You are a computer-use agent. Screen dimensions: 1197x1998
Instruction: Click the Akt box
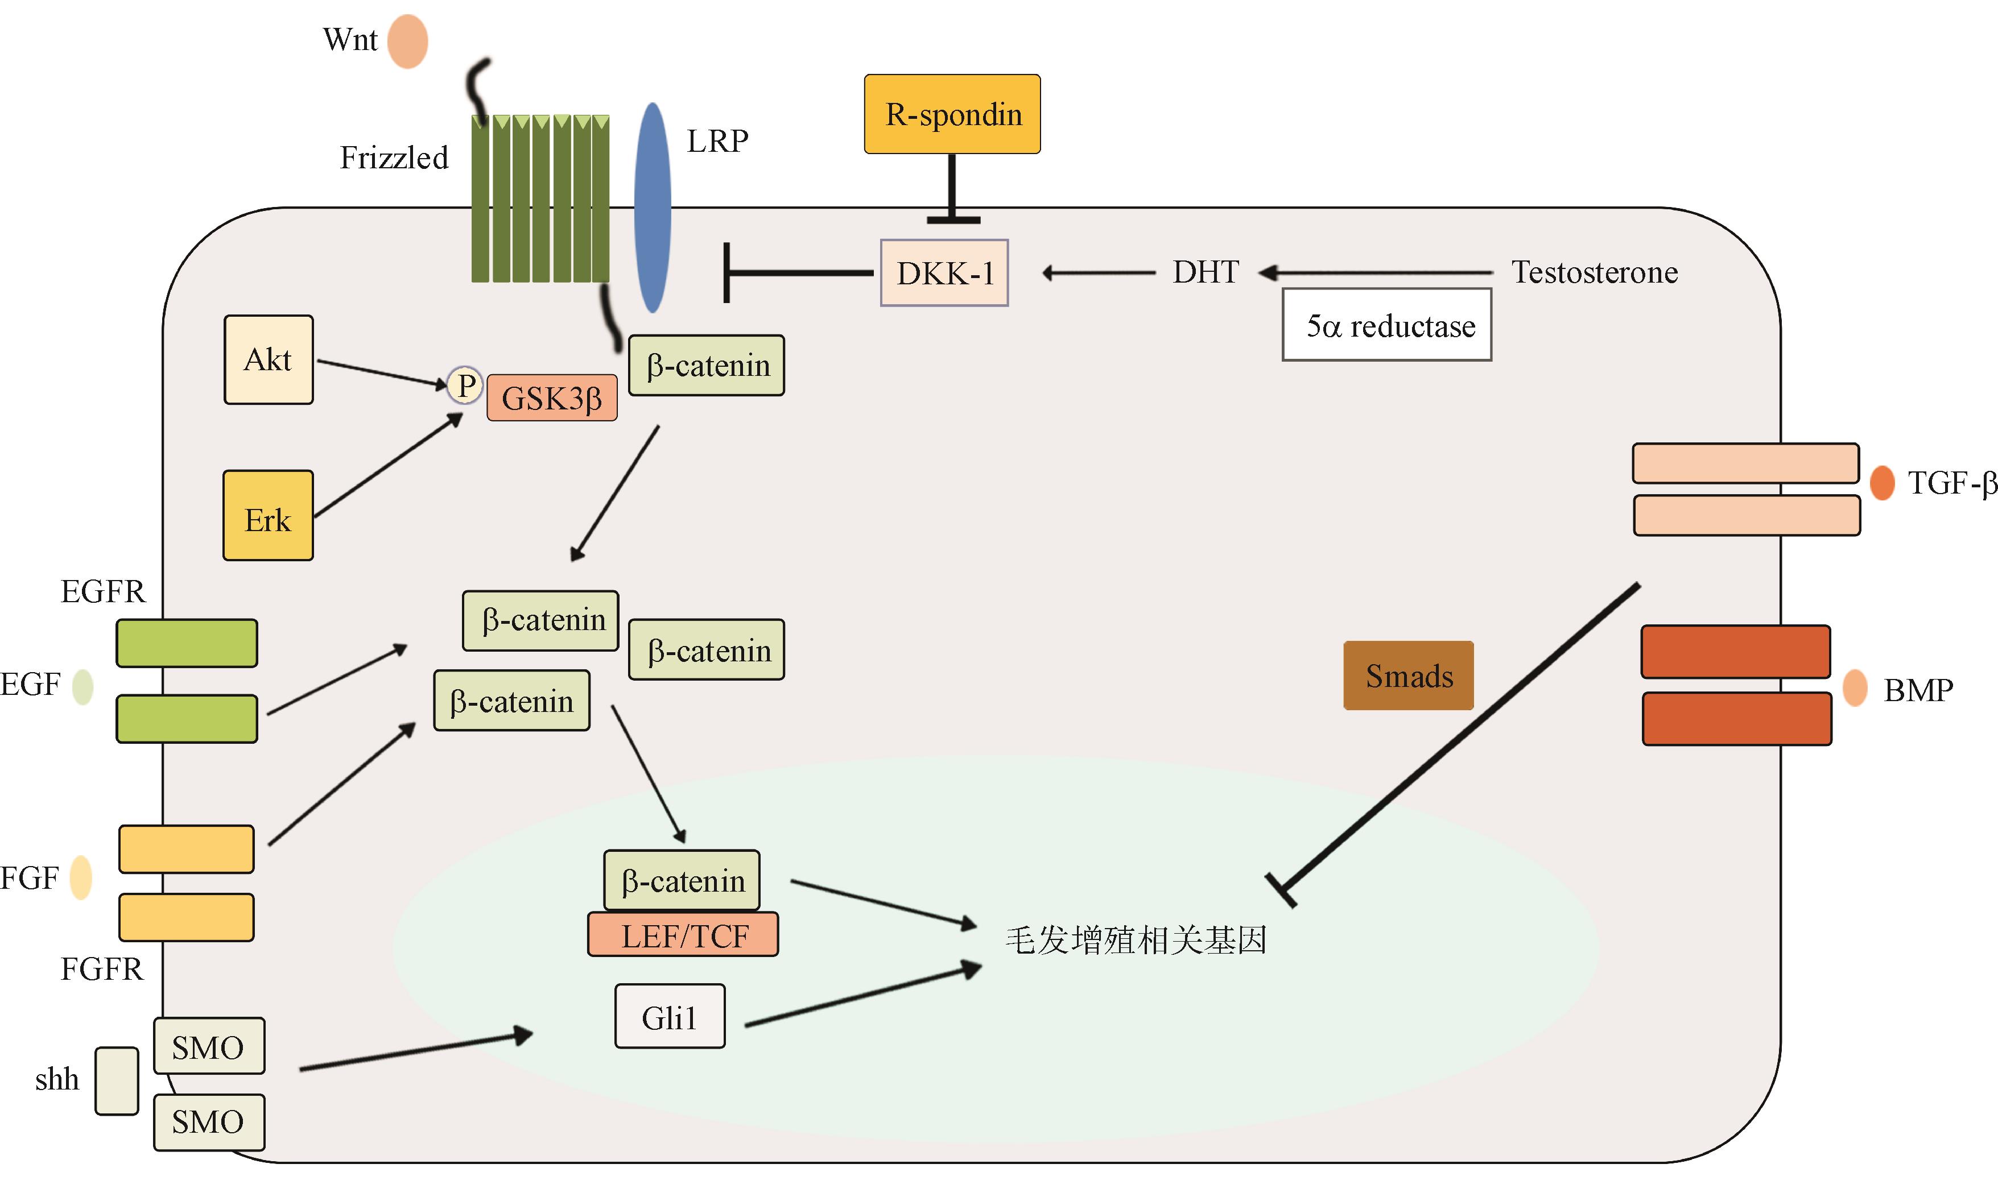point(268,360)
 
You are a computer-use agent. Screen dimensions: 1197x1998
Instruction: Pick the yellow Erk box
point(268,515)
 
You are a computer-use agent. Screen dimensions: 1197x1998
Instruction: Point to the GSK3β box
point(552,397)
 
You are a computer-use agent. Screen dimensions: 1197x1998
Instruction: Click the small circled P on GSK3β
point(465,385)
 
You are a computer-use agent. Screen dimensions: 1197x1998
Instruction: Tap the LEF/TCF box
point(683,935)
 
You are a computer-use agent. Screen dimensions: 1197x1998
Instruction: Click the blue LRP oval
point(652,208)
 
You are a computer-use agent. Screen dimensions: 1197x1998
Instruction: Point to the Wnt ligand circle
point(407,41)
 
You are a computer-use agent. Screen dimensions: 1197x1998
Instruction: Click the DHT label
point(1205,272)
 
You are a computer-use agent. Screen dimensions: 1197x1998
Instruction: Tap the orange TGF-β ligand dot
point(1882,483)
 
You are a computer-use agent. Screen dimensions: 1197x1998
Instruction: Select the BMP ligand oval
point(1855,688)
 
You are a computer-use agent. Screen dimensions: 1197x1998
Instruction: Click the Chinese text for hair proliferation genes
point(1136,941)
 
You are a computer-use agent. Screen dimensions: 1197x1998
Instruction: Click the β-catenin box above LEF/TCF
point(682,880)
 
